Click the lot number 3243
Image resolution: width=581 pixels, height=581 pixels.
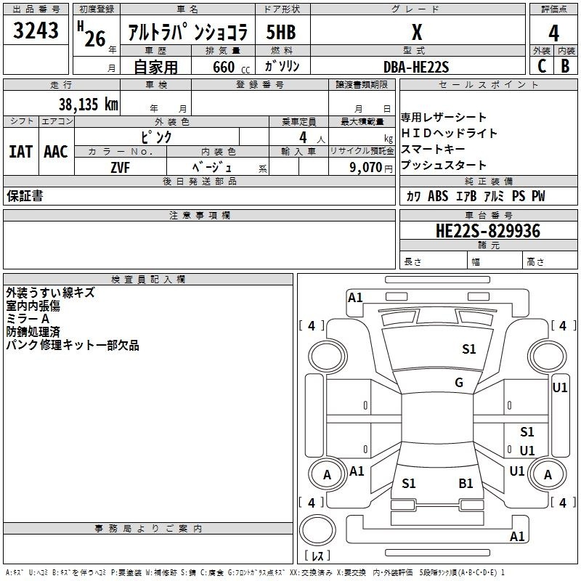tap(36, 30)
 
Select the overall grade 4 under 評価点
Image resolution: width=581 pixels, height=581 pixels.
tap(553, 33)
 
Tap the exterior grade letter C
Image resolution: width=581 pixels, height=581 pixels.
tap(542, 66)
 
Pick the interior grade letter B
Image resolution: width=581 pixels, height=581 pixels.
tap(566, 66)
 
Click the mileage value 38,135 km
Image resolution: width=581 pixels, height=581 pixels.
tap(88, 105)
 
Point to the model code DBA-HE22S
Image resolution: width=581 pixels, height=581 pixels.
tap(416, 67)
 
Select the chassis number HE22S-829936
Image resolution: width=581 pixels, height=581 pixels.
tap(488, 231)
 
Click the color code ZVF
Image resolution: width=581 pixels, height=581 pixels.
tap(121, 168)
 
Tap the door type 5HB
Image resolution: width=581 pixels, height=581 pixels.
tap(281, 32)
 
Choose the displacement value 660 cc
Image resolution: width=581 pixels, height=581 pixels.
tap(231, 68)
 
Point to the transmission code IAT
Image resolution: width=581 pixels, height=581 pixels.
tap(21, 152)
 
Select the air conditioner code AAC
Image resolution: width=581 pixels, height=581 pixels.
tap(56, 152)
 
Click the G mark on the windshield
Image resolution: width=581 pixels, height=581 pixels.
tap(459, 383)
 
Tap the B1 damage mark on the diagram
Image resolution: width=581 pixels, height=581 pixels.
tap(466, 484)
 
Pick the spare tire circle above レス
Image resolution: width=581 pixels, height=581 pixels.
tap(317, 529)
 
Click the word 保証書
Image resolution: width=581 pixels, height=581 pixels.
tap(25, 196)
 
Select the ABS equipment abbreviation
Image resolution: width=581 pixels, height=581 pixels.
tap(438, 196)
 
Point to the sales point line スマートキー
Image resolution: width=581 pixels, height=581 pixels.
tap(433, 149)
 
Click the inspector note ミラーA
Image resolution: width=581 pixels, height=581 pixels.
tap(28, 319)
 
